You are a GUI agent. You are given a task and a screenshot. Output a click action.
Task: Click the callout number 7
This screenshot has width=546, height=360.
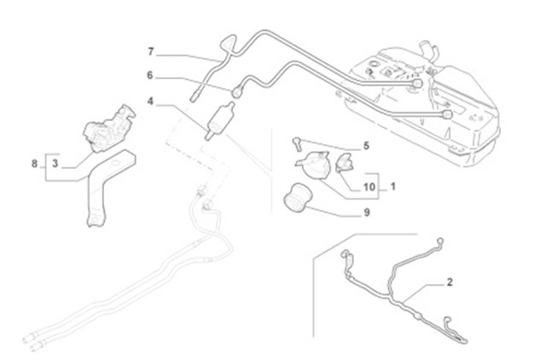click(151, 52)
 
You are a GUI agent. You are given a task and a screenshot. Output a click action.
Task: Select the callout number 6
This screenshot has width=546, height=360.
click(151, 74)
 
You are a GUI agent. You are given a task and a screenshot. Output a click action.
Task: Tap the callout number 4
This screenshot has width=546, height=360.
click(151, 102)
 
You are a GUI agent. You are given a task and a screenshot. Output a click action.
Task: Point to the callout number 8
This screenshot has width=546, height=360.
click(34, 162)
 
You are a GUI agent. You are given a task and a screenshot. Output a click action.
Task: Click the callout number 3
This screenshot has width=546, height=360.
click(54, 162)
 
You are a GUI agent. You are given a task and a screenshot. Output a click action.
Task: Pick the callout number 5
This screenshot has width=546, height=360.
click(366, 145)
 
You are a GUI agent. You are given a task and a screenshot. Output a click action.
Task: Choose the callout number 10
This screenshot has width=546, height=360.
click(369, 185)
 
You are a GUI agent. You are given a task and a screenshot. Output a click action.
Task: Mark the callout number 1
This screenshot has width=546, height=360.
click(393, 185)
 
